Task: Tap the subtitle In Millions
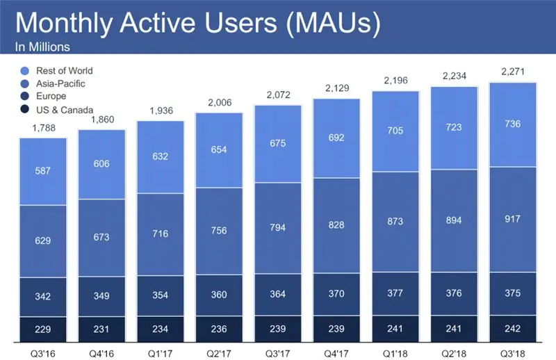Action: (x=42, y=48)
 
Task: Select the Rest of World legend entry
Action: (x=59, y=71)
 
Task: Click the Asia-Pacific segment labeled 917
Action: (x=512, y=219)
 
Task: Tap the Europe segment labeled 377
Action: (x=395, y=292)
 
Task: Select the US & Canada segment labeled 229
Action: (x=43, y=327)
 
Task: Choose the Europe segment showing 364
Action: (x=278, y=294)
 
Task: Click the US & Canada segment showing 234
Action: (x=161, y=327)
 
